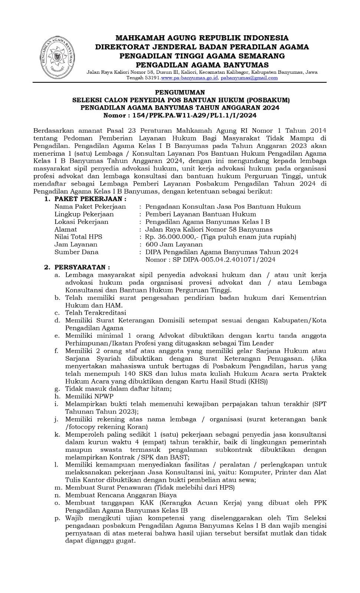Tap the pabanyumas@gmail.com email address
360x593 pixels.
pos(249,78)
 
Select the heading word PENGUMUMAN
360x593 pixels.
pos(180,92)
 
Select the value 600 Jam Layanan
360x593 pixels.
pos(174,244)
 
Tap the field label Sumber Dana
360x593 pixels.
pos(76,252)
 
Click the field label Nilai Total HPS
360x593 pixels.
pos(78,237)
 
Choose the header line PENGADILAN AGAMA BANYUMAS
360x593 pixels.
pos(202,65)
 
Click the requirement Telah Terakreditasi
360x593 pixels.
pos(96,313)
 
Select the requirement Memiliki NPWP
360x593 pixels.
pos(89,396)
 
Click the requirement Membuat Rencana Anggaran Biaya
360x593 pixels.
pos(121,495)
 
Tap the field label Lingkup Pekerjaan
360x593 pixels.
pos(84,214)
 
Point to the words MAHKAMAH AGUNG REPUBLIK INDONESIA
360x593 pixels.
pos(202,38)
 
